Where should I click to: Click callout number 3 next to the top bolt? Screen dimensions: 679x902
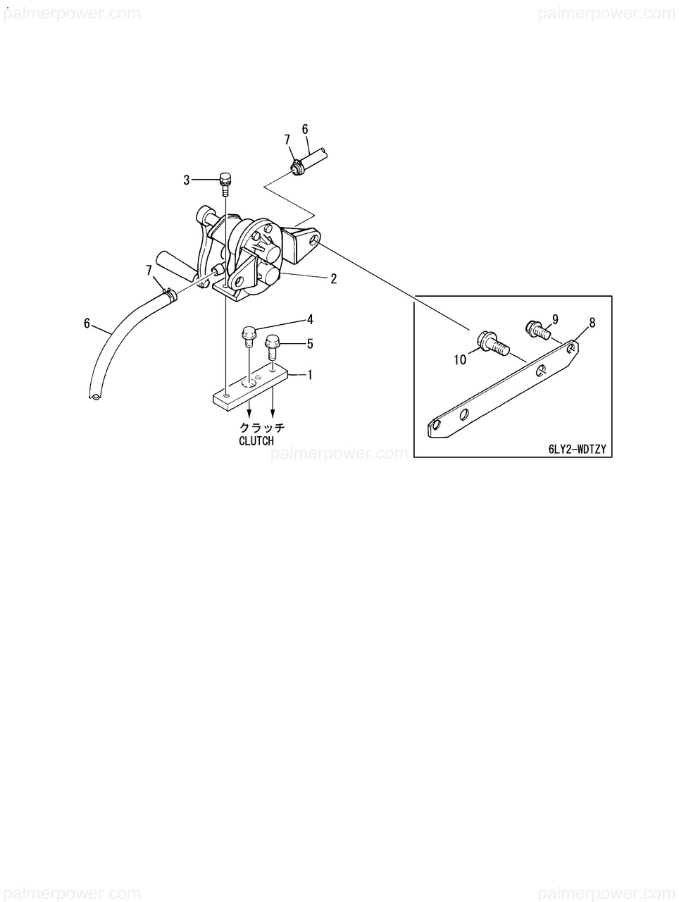point(187,180)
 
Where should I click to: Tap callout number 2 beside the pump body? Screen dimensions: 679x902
point(333,279)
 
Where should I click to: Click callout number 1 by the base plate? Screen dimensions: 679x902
point(308,376)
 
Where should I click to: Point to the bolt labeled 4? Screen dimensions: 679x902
point(248,336)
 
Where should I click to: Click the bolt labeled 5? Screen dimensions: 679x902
point(272,347)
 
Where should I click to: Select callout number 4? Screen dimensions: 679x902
point(310,319)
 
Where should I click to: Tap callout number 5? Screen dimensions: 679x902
point(309,344)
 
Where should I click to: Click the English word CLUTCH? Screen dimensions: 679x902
point(256,441)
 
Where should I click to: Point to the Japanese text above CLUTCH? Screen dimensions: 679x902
point(262,428)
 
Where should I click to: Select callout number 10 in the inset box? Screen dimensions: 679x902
point(460,359)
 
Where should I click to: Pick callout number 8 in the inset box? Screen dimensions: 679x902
point(592,323)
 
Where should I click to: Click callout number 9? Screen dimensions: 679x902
point(555,319)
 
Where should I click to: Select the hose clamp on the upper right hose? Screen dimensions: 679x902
point(297,168)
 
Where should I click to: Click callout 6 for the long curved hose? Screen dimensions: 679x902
point(87,323)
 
